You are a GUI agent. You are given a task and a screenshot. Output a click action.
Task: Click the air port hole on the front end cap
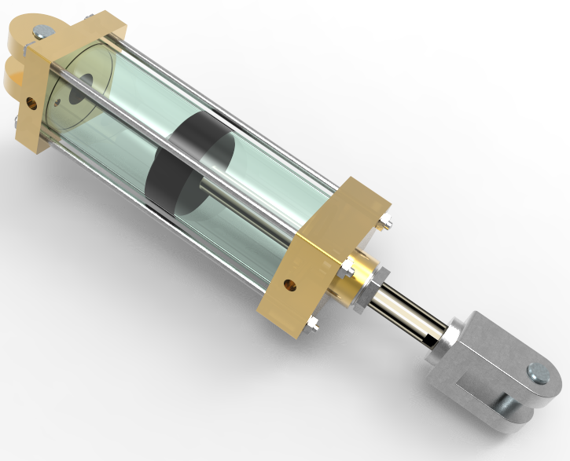292,284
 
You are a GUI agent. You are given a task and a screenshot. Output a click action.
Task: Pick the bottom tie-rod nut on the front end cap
313,322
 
